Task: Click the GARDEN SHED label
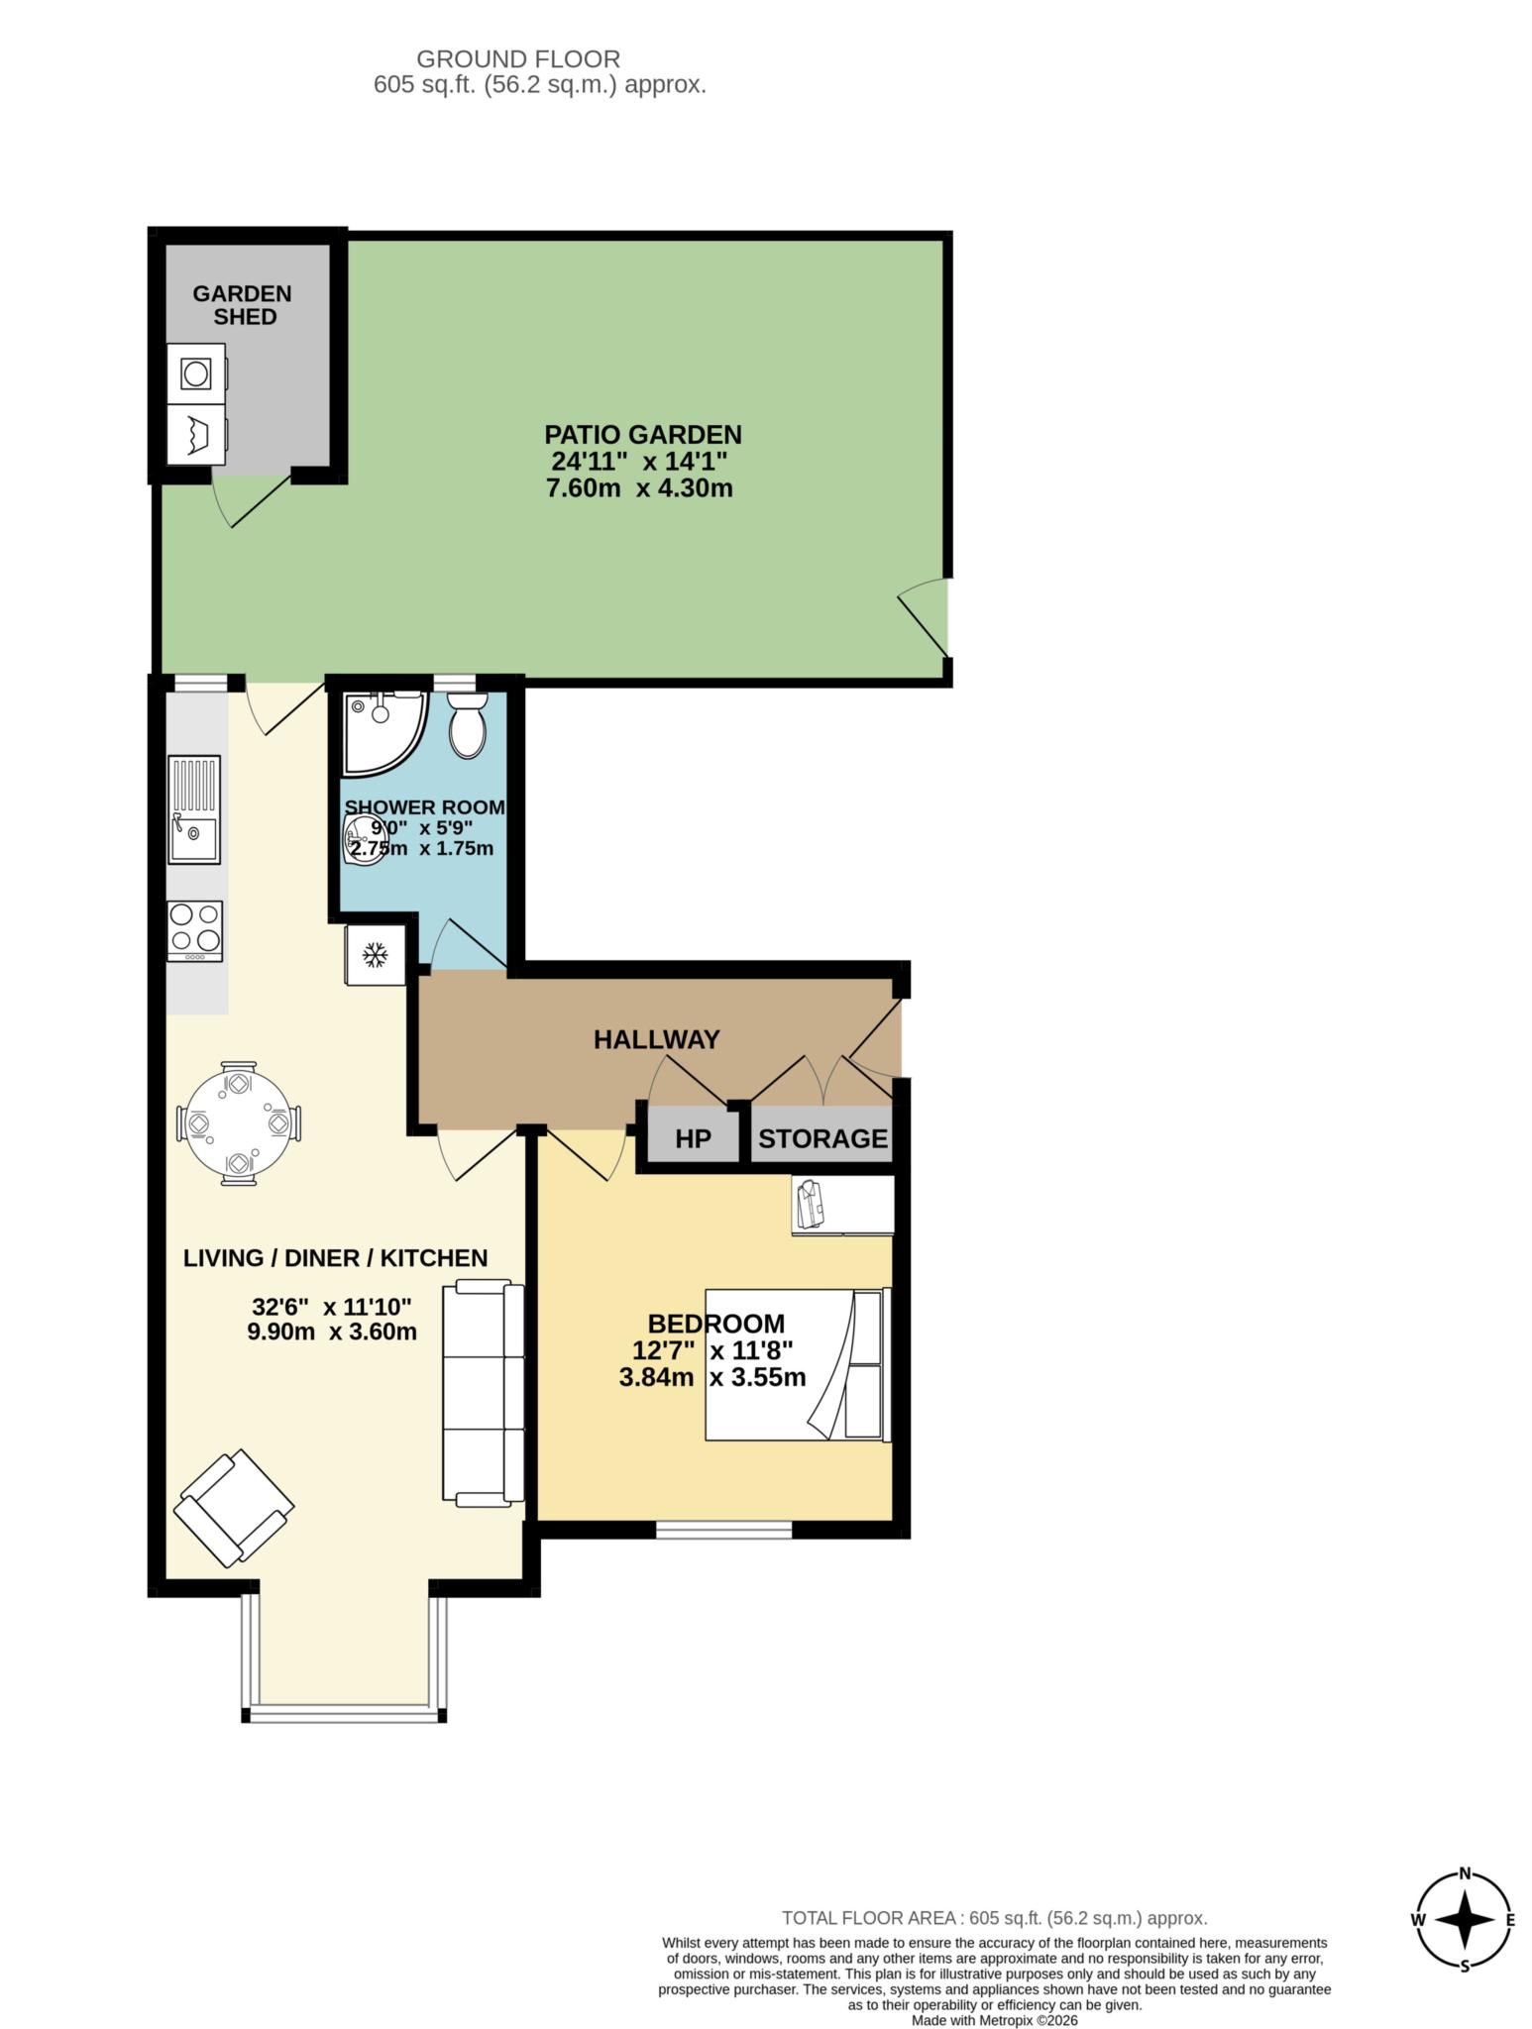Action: point(243,305)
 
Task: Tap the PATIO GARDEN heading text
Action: point(642,435)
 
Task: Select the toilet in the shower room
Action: point(466,726)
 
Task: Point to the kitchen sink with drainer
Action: point(194,809)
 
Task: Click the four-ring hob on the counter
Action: point(195,930)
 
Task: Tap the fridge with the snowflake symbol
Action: point(375,955)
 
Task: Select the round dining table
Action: point(239,1123)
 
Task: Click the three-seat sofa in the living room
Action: point(483,1392)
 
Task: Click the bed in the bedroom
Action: point(797,1364)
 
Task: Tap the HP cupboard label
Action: point(693,1139)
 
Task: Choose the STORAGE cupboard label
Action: point(822,1139)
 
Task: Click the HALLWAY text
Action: point(656,1039)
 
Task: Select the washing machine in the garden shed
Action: point(196,374)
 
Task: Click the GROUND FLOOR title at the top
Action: point(517,59)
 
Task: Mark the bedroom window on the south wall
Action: point(723,1530)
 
